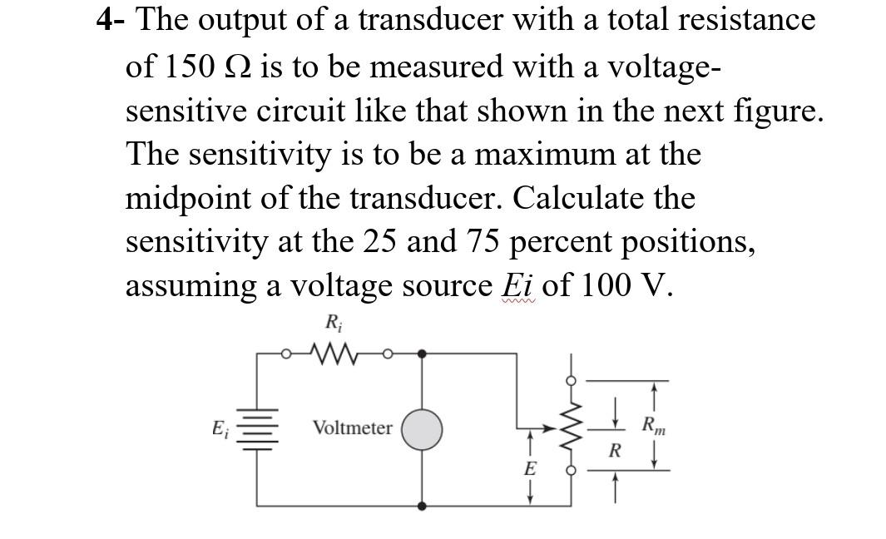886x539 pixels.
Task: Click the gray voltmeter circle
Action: click(x=423, y=429)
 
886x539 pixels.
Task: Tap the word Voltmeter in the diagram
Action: click(x=352, y=428)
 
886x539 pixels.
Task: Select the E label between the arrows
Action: click(x=529, y=468)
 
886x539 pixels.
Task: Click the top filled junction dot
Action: click(x=423, y=354)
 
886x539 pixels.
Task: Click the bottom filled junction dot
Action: click(x=423, y=505)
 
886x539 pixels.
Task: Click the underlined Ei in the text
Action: click(x=518, y=285)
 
